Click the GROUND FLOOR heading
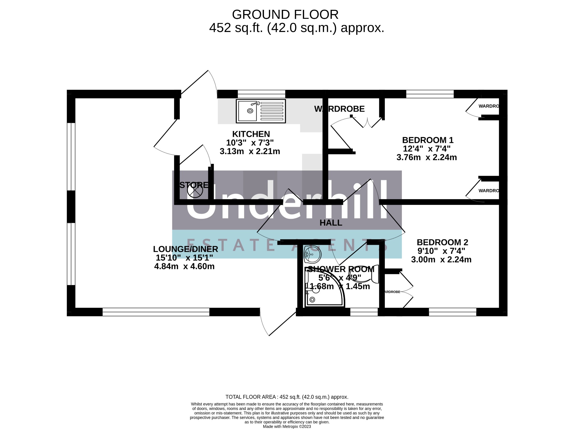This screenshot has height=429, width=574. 285,15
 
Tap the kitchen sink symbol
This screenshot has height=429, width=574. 261,111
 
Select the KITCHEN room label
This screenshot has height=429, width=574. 251,134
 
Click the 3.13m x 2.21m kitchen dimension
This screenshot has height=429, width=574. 250,152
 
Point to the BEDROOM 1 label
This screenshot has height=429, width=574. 427,140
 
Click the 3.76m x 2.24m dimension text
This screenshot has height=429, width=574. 426,157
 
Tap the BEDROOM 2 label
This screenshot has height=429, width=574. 442,242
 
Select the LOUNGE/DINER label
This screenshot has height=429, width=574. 185,249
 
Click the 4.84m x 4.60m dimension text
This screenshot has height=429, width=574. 184,266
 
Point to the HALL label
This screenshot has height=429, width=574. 331,223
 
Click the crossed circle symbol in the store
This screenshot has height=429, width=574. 195,191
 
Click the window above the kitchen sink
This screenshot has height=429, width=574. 261,94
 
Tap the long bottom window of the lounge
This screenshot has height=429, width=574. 156,312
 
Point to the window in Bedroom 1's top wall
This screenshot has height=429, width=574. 430,94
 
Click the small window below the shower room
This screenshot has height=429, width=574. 364,312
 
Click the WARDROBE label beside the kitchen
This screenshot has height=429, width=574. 339,109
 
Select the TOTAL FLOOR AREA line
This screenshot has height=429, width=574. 287,397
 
